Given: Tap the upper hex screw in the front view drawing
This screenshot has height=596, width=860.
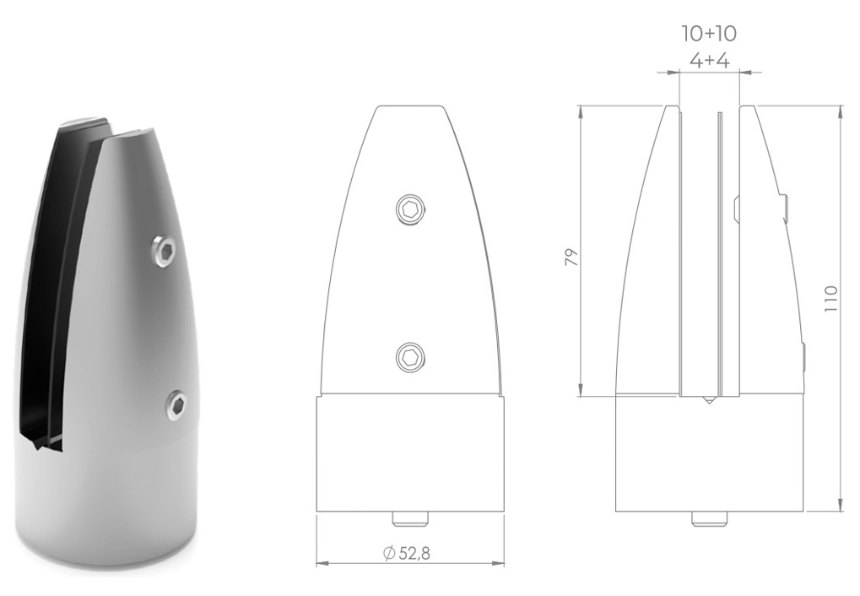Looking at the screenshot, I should pos(411,210).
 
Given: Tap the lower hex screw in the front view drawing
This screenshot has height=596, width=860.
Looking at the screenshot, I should pos(410,357).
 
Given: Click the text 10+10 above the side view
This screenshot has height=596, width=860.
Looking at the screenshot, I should pos(709,34).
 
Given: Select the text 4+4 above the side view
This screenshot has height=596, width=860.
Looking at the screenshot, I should pos(709,61).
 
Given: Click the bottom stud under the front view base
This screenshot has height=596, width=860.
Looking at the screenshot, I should pos(410,518).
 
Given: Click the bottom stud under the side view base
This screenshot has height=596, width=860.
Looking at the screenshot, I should pos(709,518).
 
